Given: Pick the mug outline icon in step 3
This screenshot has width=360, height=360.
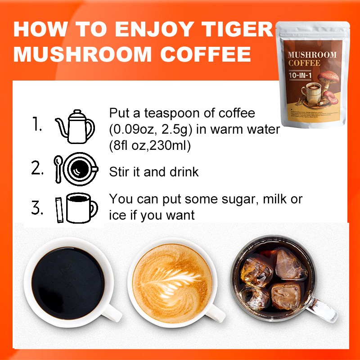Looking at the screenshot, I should pyautogui.click(x=81, y=208).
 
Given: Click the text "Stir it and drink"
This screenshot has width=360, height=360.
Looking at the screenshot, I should pyautogui.click(x=154, y=172).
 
